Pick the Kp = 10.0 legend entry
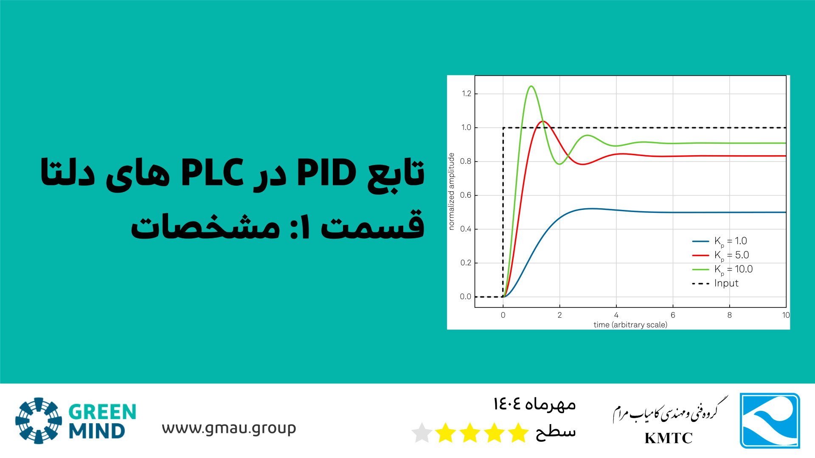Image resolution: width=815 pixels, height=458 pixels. coord(722,269)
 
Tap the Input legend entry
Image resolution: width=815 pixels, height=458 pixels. coord(715,283)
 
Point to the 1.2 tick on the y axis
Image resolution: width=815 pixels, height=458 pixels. coord(467,94)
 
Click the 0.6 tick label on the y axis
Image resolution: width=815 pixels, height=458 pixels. coord(466,195)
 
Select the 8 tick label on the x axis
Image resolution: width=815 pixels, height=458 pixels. coord(729,315)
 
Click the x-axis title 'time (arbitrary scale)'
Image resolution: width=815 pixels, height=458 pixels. coord(630,325)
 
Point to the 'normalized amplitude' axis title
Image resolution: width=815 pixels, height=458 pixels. coord(452,191)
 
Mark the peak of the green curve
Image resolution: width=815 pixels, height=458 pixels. coord(531,86)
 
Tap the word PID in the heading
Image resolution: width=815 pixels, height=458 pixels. coord(326,173)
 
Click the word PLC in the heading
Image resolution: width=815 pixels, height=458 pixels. coord(212,173)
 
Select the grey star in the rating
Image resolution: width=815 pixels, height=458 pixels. coord(422,433)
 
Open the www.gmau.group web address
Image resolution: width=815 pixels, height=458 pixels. coord(229,429)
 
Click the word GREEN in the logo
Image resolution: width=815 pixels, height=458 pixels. coord(102,412)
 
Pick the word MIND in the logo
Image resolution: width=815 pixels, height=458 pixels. coord(97,431)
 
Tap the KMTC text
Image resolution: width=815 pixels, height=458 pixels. coord(669,438)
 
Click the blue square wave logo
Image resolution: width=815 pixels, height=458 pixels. coord(770,420)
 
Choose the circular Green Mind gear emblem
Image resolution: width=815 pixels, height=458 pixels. coord(39,421)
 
